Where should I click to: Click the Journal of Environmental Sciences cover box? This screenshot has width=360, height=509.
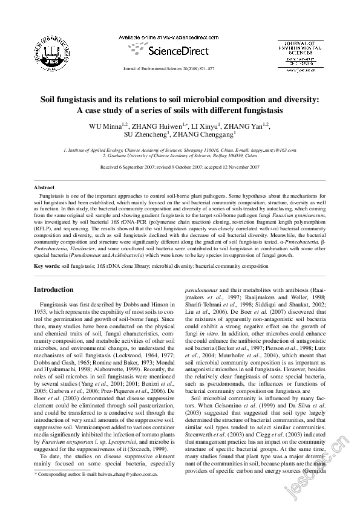pos(301,54)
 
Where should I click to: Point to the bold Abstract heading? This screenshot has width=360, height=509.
pos(44,188)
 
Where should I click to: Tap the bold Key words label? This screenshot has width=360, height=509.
pos(46,266)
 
